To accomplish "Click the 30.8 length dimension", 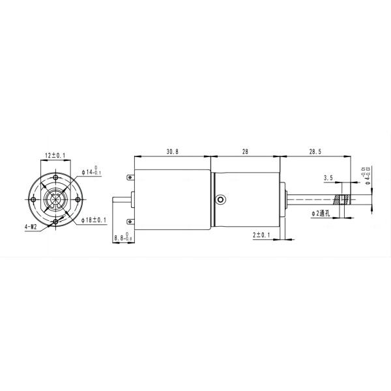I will click(x=172, y=151).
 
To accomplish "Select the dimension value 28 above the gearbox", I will click(x=245, y=151).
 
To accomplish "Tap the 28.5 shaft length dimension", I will click(x=315, y=151).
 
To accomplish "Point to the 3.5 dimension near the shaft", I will click(x=328, y=177).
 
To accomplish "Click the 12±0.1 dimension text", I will click(x=55, y=155).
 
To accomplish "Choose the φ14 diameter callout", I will click(x=92, y=171).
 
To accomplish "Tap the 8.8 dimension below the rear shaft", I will click(x=121, y=239).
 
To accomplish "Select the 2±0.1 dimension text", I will click(x=261, y=234).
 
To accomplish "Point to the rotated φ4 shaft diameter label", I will click(x=366, y=175).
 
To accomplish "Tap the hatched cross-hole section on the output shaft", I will click(x=340, y=199).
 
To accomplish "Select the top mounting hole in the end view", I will click(x=56, y=177).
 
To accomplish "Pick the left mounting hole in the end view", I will click(x=33, y=199).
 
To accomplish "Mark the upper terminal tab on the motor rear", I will click(x=130, y=176).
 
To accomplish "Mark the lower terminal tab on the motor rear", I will click(x=130, y=221).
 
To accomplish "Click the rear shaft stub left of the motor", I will click(x=123, y=199).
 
